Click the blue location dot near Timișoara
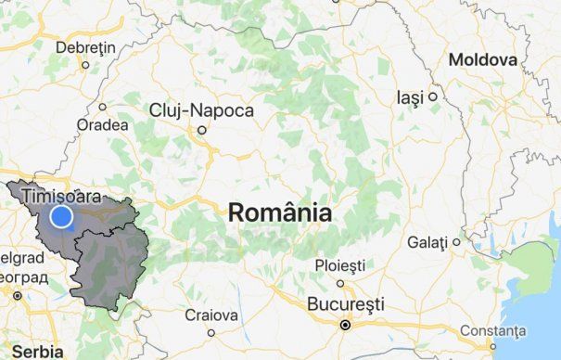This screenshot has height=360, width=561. [x=61, y=217]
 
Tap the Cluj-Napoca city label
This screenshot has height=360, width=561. [x=201, y=110]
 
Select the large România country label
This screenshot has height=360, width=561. [x=279, y=212]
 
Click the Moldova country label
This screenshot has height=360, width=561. [x=482, y=60]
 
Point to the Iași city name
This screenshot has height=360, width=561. [x=409, y=96]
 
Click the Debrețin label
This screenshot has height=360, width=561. [x=85, y=47]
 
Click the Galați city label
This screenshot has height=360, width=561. [x=427, y=242]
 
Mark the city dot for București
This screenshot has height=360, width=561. [x=345, y=325]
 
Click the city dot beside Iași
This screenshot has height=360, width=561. [x=432, y=96]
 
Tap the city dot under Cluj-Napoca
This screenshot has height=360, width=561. [x=200, y=130]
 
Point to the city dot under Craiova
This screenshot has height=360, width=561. [x=211, y=332]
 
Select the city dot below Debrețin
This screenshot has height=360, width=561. [x=85, y=65]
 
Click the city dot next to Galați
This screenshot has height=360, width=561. [x=456, y=242]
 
